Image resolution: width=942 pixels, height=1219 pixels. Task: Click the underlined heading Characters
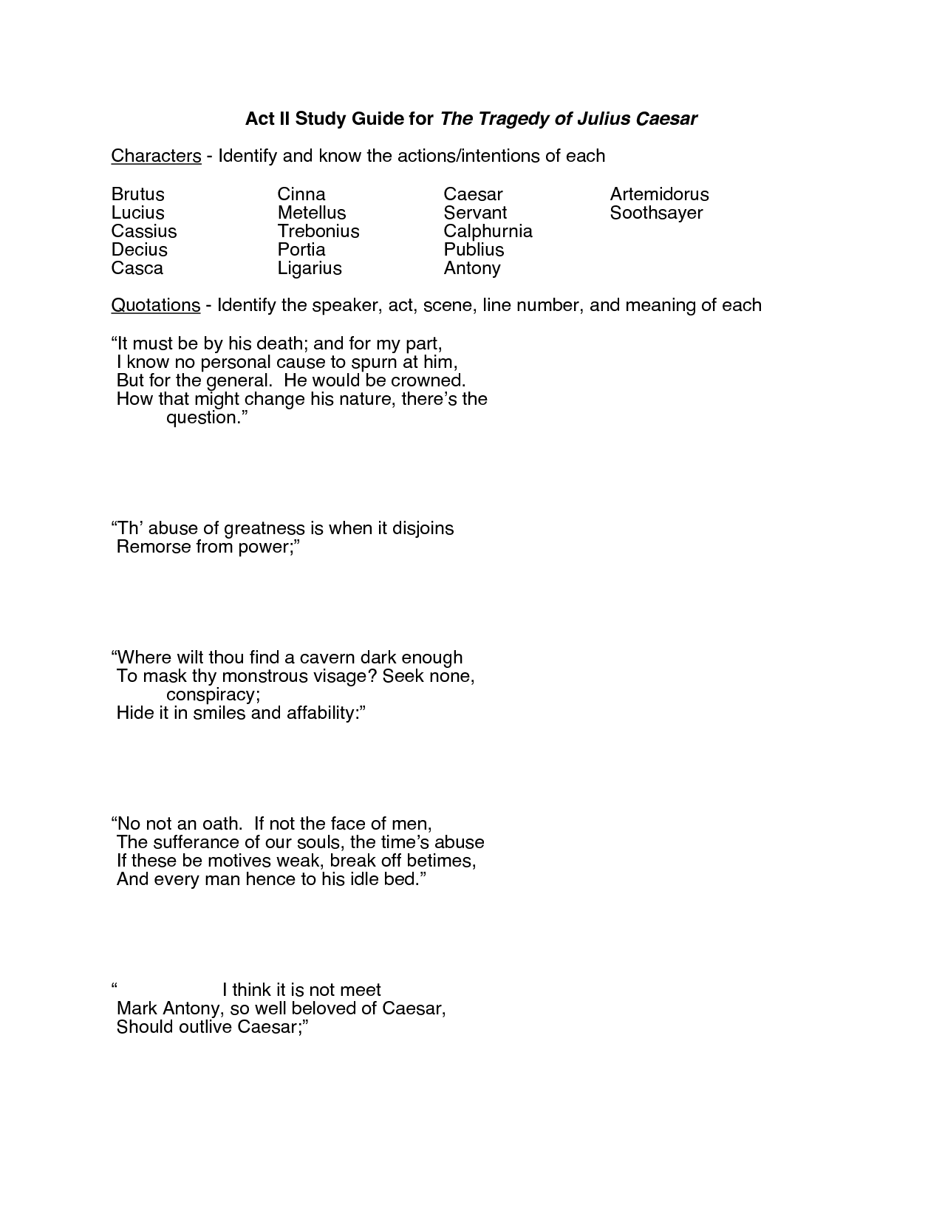click(x=156, y=156)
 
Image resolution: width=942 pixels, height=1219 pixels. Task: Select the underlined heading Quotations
click(x=155, y=305)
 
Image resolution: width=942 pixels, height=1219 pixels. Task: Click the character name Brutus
click(x=138, y=194)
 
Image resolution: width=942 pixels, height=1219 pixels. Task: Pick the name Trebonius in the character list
click(x=318, y=231)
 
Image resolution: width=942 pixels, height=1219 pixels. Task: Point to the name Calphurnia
click(x=488, y=231)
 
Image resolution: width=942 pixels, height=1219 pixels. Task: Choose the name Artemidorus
click(x=659, y=194)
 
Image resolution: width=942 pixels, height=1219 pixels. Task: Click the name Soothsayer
click(x=656, y=213)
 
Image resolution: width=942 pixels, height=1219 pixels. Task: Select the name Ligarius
click(x=310, y=268)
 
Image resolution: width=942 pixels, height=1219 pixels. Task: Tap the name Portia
click(x=301, y=250)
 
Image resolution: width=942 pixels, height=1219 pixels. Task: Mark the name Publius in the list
click(x=474, y=250)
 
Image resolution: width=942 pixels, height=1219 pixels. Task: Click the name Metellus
click(x=312, y=213)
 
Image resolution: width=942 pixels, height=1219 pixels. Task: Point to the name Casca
click(x=137, y=268)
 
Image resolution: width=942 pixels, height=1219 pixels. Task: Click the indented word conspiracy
click(x=213, y=694)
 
